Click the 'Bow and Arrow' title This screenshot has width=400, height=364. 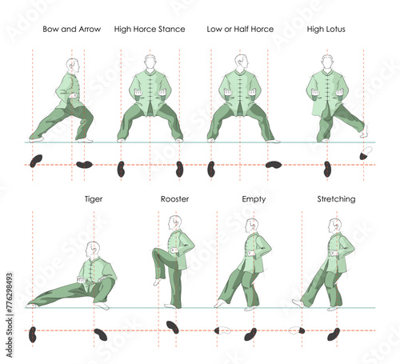coord(72,29)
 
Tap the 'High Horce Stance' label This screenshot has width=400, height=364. coord(150,29)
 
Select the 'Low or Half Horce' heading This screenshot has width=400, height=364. coord(240,29)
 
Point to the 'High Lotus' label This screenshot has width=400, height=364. coord(326,29)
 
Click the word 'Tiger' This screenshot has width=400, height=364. coord(94,199)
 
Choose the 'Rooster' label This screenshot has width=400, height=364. coord(174,199)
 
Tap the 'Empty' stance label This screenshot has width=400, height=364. coord(254,199)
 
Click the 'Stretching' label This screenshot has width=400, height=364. coord(336,199)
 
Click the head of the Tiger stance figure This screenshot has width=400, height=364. coord(93,250)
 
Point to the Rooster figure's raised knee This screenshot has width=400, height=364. coord(157,252)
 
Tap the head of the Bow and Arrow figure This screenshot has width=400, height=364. coord(73,66)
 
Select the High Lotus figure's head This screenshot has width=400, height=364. coord(327,62)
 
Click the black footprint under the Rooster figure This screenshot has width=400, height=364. coord(173,327)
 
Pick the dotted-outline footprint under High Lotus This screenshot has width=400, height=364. coord(366,153)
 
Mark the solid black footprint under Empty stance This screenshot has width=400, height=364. coord(250,334)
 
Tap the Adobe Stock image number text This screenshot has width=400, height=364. coord(10,314)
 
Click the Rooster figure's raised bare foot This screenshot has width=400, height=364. coord(157,282)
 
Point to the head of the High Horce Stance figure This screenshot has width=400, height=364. coord(150,62)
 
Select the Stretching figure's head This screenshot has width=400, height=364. coord(335,226)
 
